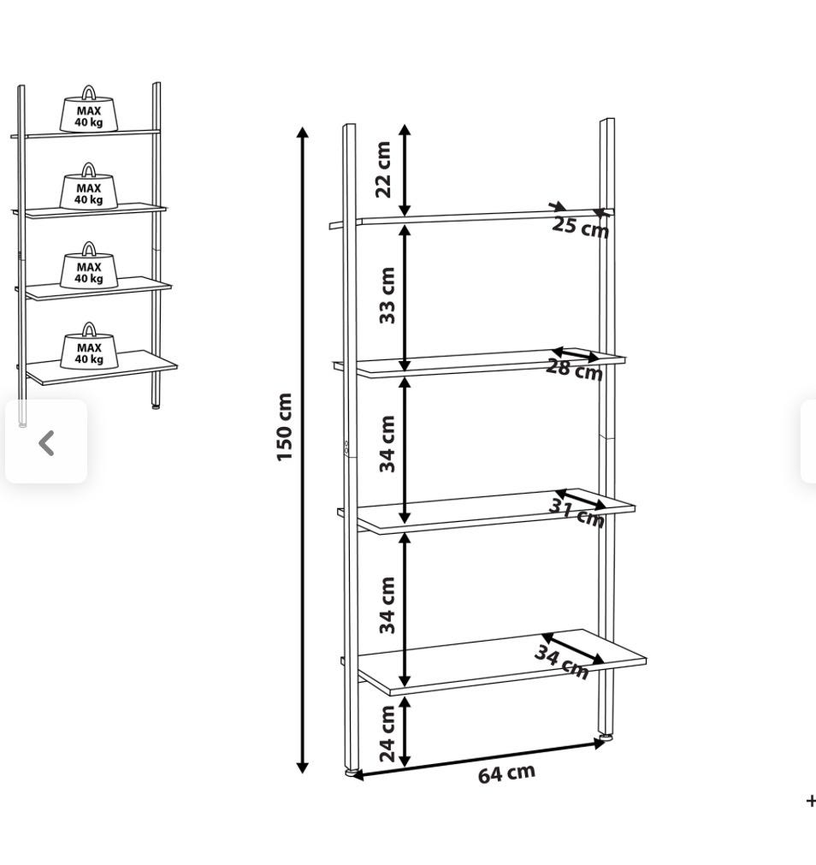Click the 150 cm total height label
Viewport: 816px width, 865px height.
[283, 426]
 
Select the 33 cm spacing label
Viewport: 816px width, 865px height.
[387, 295]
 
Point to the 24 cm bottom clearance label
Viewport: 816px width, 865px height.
[387, 734]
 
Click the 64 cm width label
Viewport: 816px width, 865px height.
[506, 773]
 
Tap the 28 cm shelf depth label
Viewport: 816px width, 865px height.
[574, 370]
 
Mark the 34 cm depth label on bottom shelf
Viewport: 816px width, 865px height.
[562, 662]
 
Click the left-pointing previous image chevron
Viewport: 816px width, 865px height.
[46, 442]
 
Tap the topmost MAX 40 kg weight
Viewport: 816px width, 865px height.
[88, 110]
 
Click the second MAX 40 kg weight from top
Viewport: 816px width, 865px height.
[88, 187]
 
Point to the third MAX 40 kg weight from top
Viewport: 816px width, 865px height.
[89, 265]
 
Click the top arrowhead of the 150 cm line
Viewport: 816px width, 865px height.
[302, 133]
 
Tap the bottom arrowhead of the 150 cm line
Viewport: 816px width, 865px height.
[302, 767]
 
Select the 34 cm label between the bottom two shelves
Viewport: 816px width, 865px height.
[387, 605]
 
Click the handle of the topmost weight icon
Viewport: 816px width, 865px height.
[88, 92]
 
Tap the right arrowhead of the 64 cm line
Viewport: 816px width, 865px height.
[600, 744]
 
